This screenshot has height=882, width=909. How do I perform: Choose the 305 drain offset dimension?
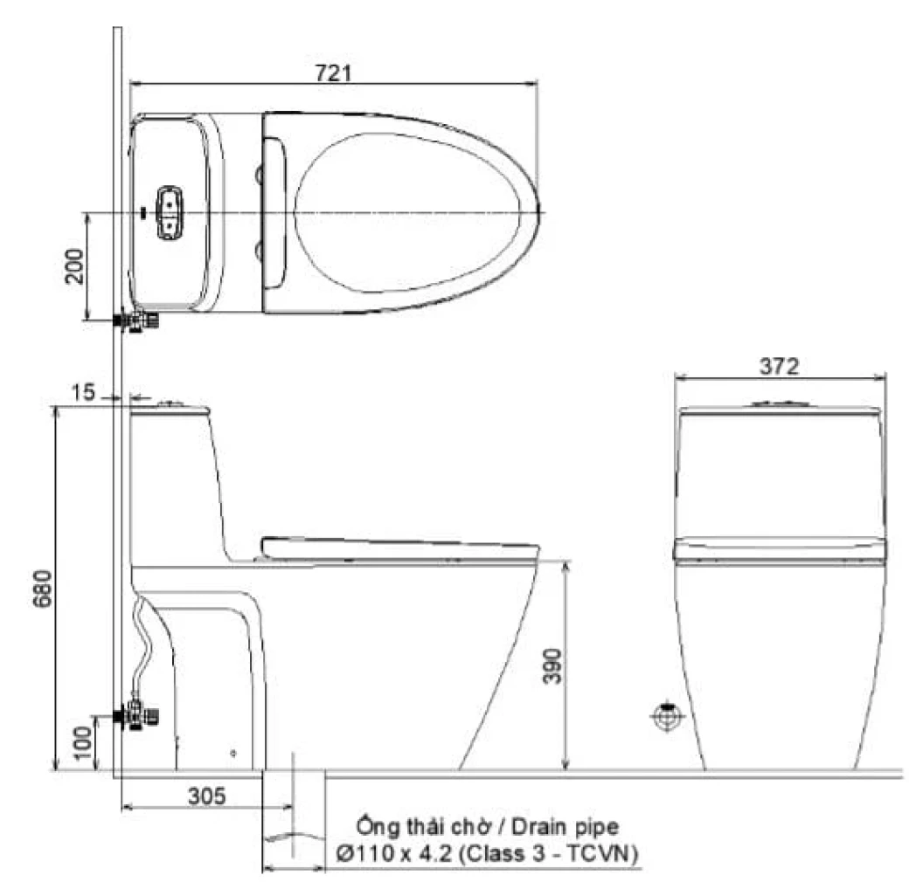pos(206,796)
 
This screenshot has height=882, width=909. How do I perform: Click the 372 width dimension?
pos(780,367)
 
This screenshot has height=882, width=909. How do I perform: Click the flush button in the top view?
pos(167,212)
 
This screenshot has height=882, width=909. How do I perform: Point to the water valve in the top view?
pos(140,321)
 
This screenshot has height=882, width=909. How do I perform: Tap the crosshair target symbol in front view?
pos(666,717)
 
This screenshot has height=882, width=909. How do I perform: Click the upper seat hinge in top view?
pos(260,176)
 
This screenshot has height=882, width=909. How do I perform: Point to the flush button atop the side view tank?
pos(171,403)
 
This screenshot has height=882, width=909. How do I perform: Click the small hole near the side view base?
pos(232,753)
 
